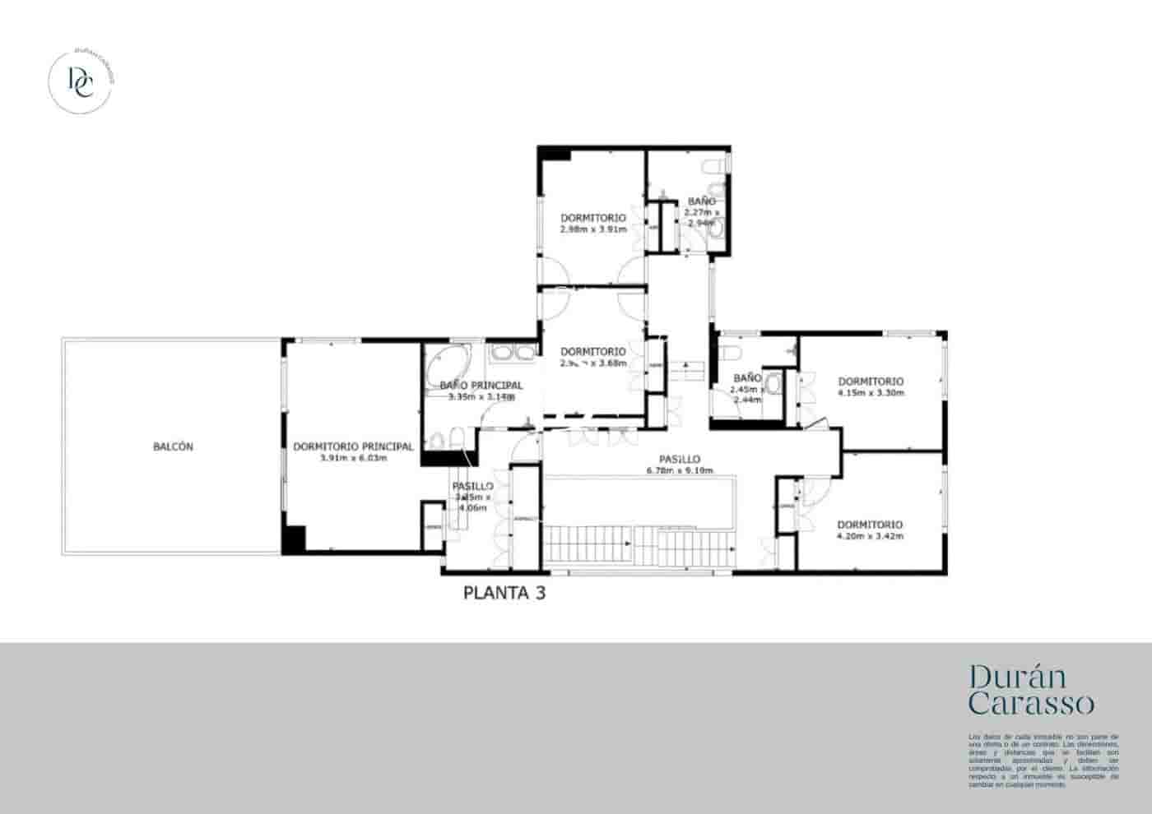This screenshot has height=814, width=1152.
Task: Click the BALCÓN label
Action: point(173,447)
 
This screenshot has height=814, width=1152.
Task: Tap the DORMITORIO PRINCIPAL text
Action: point(353,447)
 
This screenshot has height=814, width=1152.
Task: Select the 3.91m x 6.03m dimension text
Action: point(353,458)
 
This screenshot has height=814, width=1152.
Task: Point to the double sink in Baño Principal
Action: point(512,354)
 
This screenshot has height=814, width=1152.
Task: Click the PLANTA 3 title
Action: point(504,593)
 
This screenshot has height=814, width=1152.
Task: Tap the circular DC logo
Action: point(81,81)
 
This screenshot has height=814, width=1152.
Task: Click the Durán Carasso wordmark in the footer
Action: point(1031,690)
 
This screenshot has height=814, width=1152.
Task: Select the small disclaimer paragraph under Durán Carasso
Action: point(1043,761)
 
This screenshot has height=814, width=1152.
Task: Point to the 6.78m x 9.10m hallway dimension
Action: point(680,470)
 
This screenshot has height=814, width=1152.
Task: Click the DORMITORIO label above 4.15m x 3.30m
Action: point(871,382)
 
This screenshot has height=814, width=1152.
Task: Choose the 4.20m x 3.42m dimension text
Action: point(870,536)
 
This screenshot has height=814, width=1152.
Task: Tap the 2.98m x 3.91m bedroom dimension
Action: point(592,229)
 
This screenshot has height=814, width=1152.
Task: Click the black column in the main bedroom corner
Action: point(293,538)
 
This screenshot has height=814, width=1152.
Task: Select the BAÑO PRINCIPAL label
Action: point(481,386)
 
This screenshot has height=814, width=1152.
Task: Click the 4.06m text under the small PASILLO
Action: point(472,508)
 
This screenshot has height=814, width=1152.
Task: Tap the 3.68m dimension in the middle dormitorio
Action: point(612,363)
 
